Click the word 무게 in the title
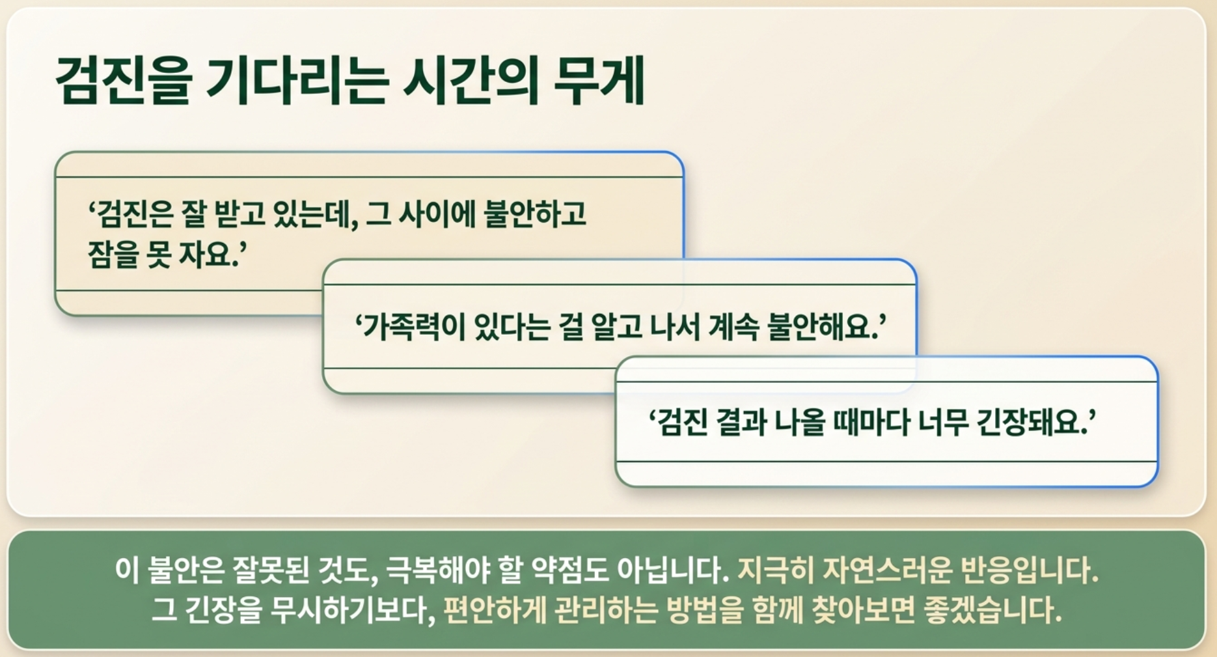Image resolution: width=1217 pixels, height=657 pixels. [599, 81]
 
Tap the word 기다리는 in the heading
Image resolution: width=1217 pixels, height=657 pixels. [297, 81]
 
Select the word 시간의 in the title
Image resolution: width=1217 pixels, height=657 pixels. [471, 81]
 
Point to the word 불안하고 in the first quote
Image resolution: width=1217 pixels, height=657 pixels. [536, 214]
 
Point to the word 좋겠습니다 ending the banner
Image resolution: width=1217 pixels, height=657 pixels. [993, 610]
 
